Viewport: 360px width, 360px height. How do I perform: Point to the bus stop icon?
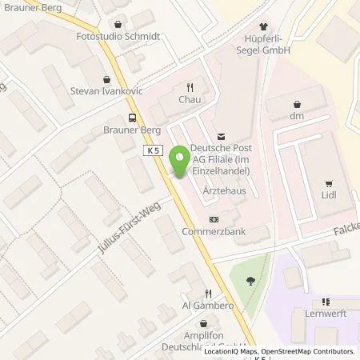121,117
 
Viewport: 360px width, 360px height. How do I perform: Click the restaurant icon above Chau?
189,88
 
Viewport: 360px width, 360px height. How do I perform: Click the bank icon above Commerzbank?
214,218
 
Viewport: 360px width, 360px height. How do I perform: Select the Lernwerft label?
325,314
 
